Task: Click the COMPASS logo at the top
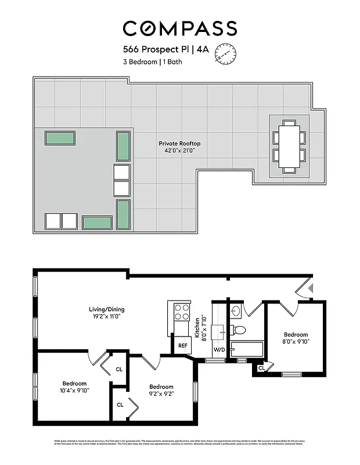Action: pos(180,28)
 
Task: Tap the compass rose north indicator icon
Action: pos(226,54)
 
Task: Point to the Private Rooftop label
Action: pos(179,146)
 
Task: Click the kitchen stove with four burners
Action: pos(182,312)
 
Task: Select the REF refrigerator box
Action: pos(182,345)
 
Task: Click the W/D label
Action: pos(219,350)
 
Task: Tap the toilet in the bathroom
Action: pos(239,330)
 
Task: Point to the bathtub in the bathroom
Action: pos(247,349)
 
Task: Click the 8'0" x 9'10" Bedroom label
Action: pos(296,338)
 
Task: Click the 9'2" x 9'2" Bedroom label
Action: pos(161,391)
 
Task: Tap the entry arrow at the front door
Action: pos(311,288)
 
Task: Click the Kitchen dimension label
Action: pos(200,329)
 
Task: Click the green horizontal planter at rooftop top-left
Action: pos(60,138)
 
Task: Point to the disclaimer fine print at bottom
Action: pos(180,443)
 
